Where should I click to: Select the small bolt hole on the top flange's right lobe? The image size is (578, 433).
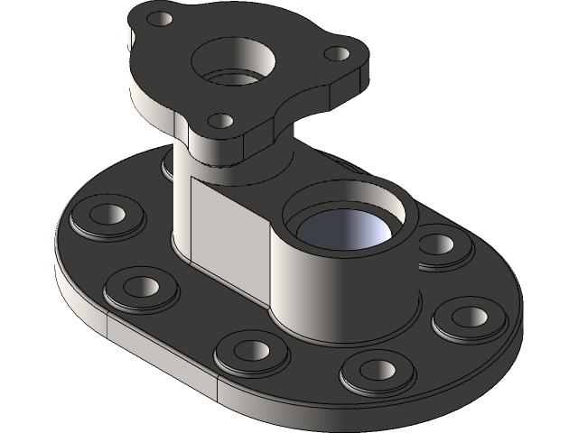click(x=337, y=53)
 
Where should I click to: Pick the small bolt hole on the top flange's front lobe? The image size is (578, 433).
click(x=219, y=119)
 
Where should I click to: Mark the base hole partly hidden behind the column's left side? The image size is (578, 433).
click(x=168, y=165)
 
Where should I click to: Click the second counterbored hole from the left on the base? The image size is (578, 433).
click(x=139, y=287)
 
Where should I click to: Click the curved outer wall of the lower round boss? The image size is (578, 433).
click(x=307, y=289)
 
